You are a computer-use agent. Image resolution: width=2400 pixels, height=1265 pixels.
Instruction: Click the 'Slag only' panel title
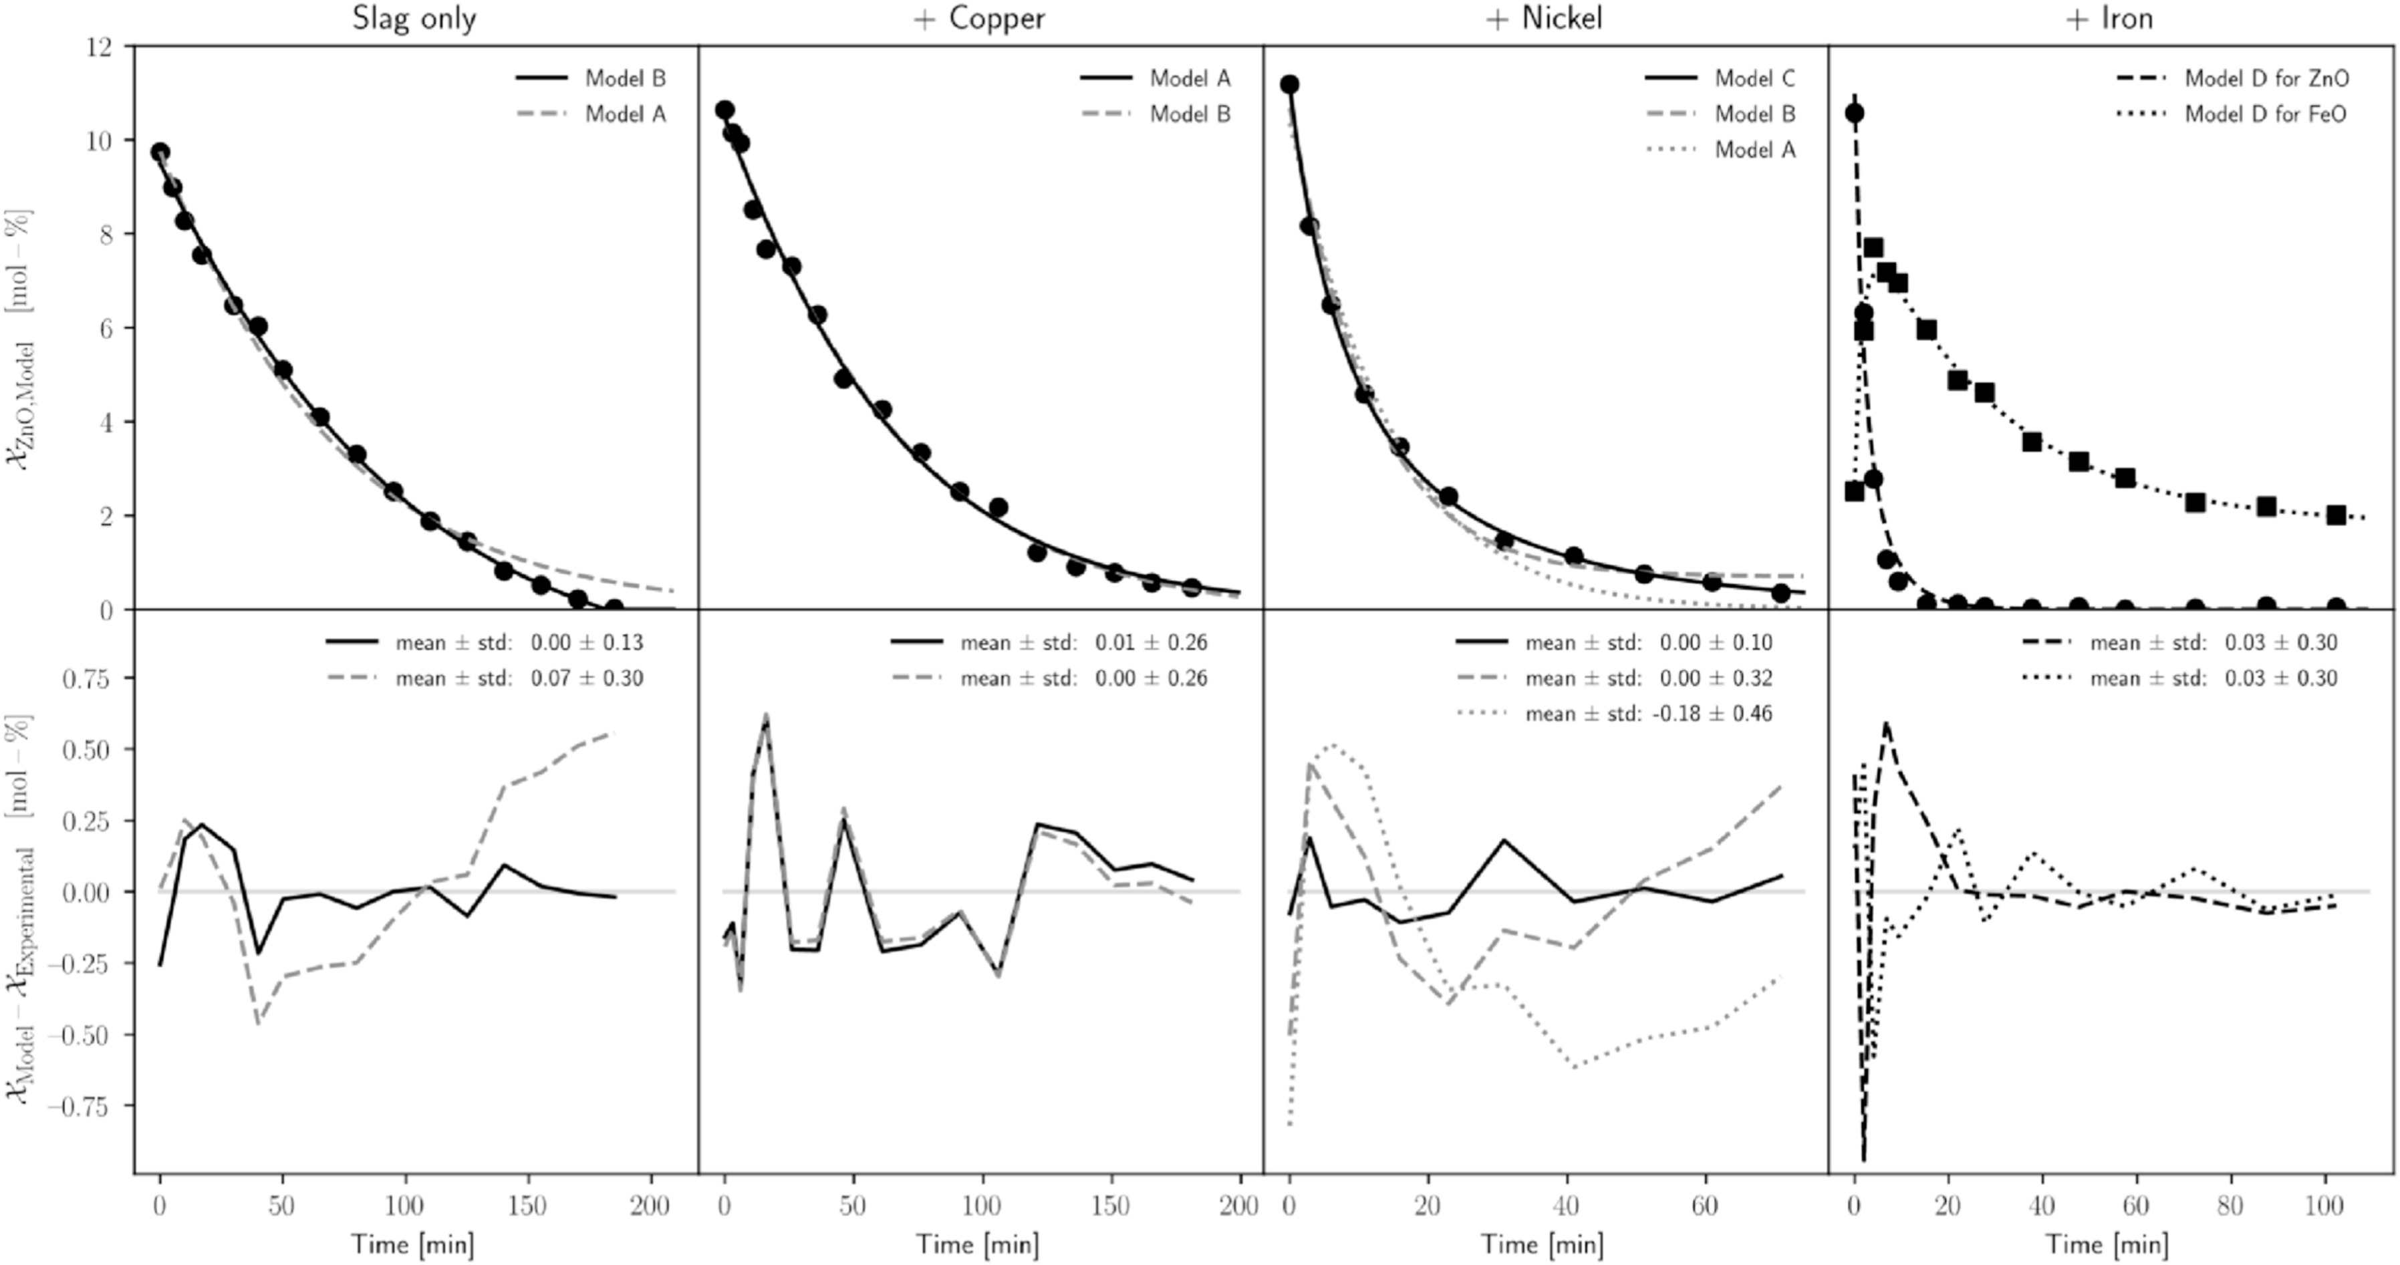click(x=414, y=19)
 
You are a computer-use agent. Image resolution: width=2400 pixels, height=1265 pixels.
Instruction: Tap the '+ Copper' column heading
click(x=979, y=19)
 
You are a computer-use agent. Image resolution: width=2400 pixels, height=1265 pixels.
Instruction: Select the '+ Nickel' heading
click(x=1544, y=19)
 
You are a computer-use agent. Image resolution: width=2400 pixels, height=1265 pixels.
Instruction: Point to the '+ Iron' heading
click(x=2109, y=19)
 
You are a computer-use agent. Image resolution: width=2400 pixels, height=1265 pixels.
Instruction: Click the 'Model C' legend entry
click(x=1754, y=78)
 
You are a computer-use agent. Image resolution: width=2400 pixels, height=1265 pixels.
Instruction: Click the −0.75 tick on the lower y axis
click(x=86, y=1107)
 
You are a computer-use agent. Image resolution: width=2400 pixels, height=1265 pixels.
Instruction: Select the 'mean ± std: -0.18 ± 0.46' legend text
click(x=1648, y=714)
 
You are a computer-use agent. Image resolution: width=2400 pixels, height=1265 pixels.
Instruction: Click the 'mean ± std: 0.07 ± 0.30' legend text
click(x=519, y=678)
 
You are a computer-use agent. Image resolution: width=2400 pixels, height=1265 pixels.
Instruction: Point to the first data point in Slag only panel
click(x=160, y=152)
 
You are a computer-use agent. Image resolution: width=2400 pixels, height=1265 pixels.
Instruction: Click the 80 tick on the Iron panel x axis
click(x=2230, y=1206)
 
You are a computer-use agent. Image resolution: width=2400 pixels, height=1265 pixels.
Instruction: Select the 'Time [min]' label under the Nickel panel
click(x=1543, y=1244)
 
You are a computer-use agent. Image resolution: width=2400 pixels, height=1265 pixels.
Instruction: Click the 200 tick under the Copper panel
click(x=1238, y=1206)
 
